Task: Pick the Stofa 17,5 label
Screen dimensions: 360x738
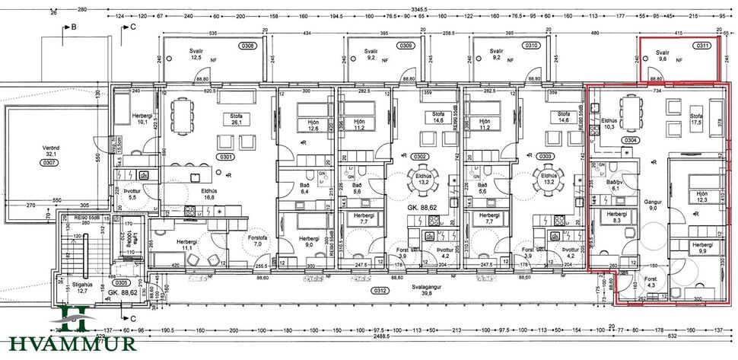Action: (x=695, y=119)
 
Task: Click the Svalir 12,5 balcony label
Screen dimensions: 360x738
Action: (x=199, y=55)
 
